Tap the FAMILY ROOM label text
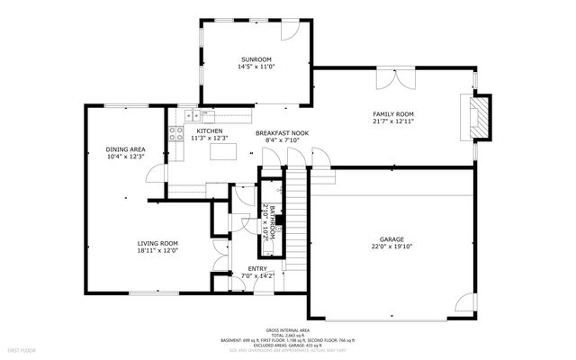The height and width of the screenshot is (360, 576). coord(393,114)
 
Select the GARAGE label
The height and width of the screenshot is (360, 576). coord(391,239)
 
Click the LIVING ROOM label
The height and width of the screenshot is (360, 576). coord(157,243)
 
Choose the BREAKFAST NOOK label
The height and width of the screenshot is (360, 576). coord(282,133)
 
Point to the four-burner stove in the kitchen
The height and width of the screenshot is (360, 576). coord(191,115)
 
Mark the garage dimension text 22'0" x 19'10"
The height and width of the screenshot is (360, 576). coord(391,247)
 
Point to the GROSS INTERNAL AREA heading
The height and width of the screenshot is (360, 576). coord(287,330)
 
